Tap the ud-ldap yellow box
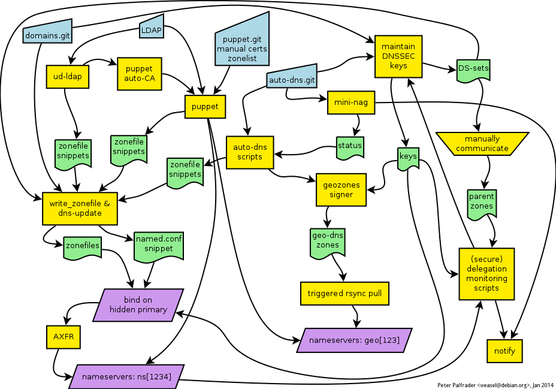tap(67, 76)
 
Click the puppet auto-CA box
tap(140, 74)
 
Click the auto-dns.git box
tap(291, 79)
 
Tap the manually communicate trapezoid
tap(482, 144)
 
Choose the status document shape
tap(350, 146)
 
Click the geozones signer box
tap(341, 189)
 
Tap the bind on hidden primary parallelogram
tap(139, 304)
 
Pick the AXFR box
tap(63, 337)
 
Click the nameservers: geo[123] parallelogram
tap(355, 340)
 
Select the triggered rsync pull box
tap(344, 294)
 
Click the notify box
tap(504, 351)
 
